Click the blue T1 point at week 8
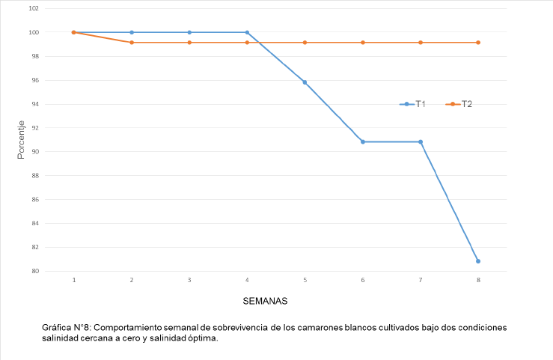pyautogui.click(x=478, y=261)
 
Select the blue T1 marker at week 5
pyautogui.click(x=305, y=82)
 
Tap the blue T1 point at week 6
pyautogui.click(x=363, y=141)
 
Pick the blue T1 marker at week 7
pyautogui.click(x=421, y=141)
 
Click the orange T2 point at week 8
pyautogui.click(x=478, y=43)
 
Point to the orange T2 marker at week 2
pyautogui.click(x=132, y=43)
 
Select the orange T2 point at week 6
pyautogui.click(x=363, y=43)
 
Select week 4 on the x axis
pyautogui.click(x=247, y=280)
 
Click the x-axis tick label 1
pyautogui.click(x=74, y=280)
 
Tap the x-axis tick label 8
pyautogui.click(x=478, y=280)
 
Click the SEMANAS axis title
pyautogui.click(x=265, y=301)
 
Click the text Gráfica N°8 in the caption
pyautogui.click(x=67, y=328)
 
